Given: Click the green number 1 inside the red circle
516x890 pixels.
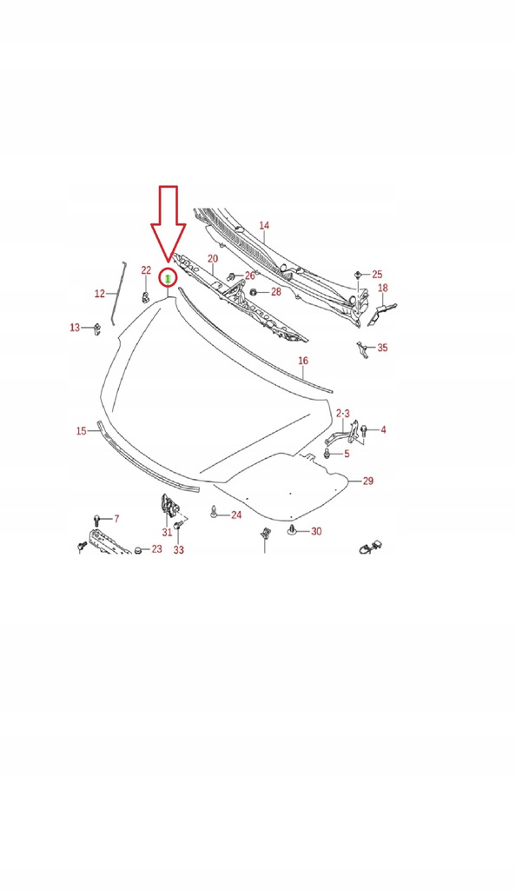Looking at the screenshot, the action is tap(168, 278).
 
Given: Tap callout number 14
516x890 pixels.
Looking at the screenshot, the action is tap(264, 225).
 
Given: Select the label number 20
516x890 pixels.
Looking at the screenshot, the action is tap(213, 259).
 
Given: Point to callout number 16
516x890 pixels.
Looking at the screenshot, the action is tap(303, 361).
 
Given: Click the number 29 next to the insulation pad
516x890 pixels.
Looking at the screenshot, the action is tap(368, 481).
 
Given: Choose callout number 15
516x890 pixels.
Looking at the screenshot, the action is tap(82, 431).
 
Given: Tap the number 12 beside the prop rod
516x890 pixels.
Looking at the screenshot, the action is tap(100, 294).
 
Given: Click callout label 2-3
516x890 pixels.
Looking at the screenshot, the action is tap(344, 413).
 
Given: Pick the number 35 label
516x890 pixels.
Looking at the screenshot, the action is tap(382, 348).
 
